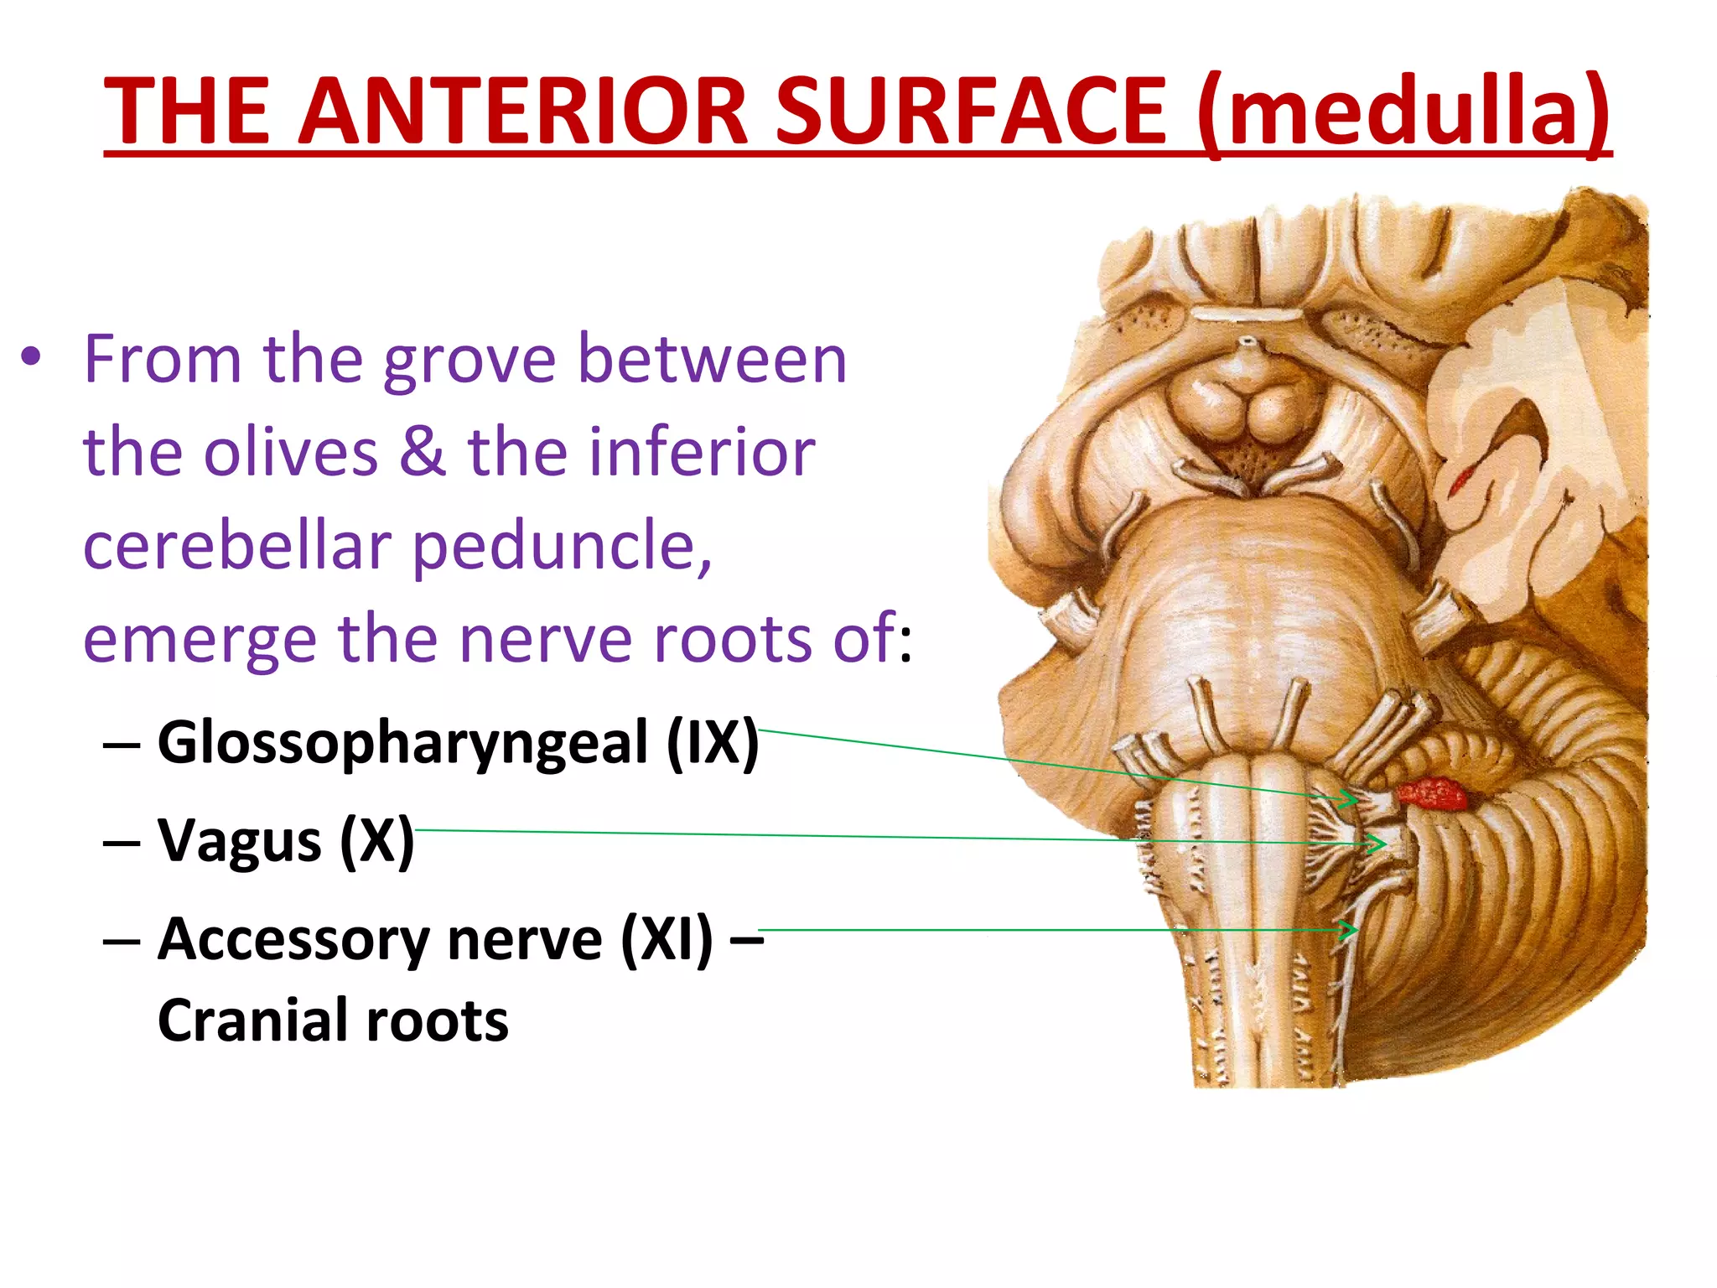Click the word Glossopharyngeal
(x=403, y=743)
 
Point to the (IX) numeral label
(x=713, y=743)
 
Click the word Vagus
(x=240, y=840)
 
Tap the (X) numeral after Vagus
(x=376, y=840)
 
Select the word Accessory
(x=294, y=938)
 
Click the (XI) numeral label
(x=667, y=938)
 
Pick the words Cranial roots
(x=333, y=1021)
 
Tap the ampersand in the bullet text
(x=423, y=453)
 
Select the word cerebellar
(x=237, y=547)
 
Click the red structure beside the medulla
(x=1432, y=793)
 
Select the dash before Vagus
(x=122, y=841)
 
